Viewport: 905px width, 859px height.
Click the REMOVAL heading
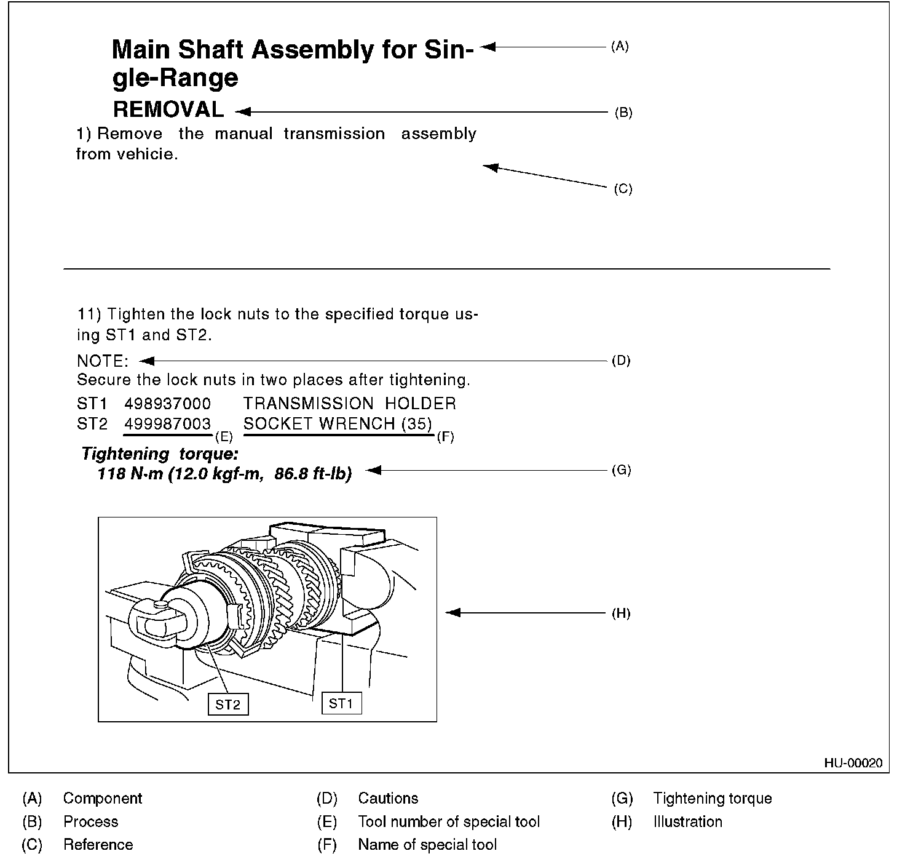tap(168, 110)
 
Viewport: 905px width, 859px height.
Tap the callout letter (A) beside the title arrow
tap(620, 46)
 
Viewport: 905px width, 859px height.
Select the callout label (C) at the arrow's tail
tap(623, 189)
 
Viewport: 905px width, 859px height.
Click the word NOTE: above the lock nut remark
tap(103, 361)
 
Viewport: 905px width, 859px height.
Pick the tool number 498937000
tap(167, 404)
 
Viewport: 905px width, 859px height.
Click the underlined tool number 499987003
tap(167, 424)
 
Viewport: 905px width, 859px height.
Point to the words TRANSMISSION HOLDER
tap(349, 404)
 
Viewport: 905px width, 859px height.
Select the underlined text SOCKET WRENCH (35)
tap(338, 424)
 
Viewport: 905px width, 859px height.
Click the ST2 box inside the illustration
tap(227, 705)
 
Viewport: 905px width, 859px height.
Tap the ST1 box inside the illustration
tap(341, 703)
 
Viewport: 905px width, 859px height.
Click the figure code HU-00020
tap(853, 763)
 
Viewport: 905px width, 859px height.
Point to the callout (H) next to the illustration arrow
tap(621, 613)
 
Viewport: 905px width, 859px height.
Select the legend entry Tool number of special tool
tap(449, 822)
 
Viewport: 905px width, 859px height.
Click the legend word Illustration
tap(687, 822)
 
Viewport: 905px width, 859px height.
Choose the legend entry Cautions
tap(388, 799)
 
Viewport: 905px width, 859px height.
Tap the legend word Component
tap(103, 799)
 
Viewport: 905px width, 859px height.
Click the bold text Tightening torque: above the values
tap(160, 455)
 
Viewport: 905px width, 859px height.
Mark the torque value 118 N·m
tap(130, 474)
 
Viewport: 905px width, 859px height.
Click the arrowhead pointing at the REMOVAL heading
tap(242, 111)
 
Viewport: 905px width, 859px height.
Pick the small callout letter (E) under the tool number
tap(223, 437)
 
